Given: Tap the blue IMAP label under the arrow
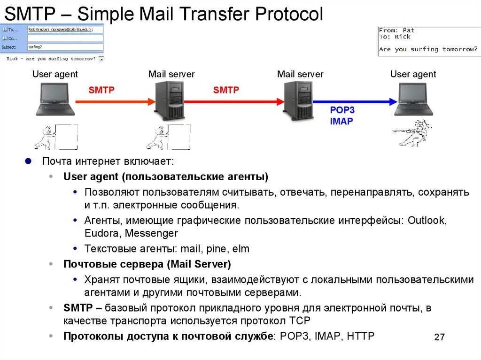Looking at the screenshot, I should point(341,121).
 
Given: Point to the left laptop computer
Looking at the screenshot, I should point(55,100).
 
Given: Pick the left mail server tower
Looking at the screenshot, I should point(170,100).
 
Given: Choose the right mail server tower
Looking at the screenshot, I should point(298,100).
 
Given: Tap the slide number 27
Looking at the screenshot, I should point(440,337).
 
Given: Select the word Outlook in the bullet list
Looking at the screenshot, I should point(427,220).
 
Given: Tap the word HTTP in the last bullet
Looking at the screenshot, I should point(360,336).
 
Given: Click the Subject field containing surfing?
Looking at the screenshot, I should point(65,47).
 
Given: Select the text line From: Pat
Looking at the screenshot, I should point(397,31).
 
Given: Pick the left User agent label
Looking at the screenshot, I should point(55,74).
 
